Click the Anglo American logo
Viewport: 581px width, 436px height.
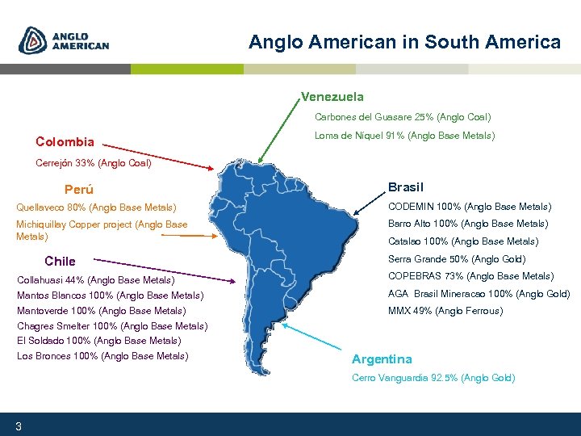(65, 40)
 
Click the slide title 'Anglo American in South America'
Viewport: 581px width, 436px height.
(404, 42)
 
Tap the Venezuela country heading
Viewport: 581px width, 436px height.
(332, 97)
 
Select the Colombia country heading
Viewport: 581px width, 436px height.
(65, 142)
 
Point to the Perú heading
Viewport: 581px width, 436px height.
(78, 191)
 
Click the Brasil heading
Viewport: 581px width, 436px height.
(405, 187)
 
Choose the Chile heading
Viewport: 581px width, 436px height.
(60, 262)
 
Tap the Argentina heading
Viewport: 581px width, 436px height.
(382, 359)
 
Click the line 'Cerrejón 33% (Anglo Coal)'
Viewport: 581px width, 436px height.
(94, 163)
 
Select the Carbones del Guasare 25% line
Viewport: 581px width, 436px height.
(402, 118)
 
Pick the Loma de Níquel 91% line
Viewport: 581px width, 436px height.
(404, 136)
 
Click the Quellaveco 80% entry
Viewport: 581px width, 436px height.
(96, 208)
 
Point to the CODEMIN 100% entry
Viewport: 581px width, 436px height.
(470, 207)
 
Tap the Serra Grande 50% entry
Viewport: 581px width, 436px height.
(457, 259)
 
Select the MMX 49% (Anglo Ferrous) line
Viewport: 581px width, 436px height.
(445, 311)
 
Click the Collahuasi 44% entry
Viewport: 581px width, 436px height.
(95, 280)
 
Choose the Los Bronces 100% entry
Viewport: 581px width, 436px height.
(102, 356)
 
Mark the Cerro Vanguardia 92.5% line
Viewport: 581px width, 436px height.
(433, 378)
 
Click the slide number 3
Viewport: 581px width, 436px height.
(18, 426)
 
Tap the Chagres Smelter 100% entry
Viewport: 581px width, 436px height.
(112, 326)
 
